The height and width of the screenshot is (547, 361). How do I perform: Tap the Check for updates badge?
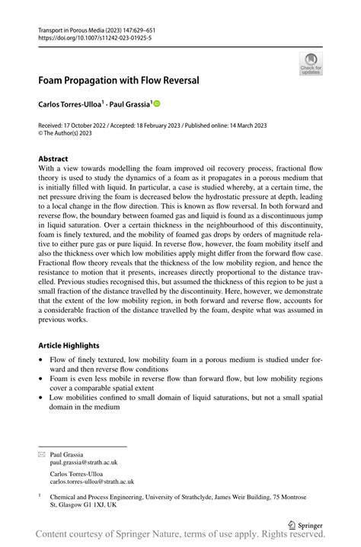(311, 63)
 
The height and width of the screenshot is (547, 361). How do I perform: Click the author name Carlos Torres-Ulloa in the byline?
(69, 103)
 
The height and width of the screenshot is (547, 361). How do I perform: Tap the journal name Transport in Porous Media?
(75, 28)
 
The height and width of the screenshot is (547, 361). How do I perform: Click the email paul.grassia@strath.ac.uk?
(84, 462)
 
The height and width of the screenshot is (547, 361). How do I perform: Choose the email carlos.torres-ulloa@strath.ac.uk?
(91, 482)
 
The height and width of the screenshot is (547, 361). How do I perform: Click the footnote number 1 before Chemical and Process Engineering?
(40, 495)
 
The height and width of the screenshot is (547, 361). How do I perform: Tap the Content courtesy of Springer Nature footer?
(180, 538)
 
